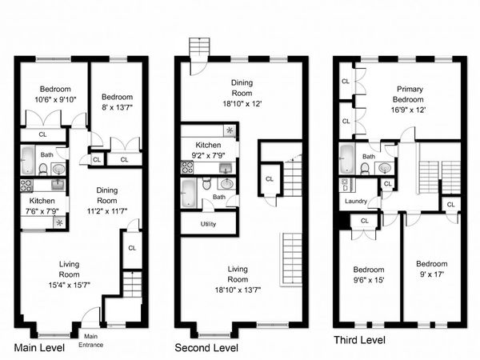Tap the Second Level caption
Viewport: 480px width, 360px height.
point(206,348)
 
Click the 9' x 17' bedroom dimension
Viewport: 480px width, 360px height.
point(430,274)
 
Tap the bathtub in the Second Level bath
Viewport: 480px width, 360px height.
point(189,192)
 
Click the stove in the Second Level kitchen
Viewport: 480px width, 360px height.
point(188,168)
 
